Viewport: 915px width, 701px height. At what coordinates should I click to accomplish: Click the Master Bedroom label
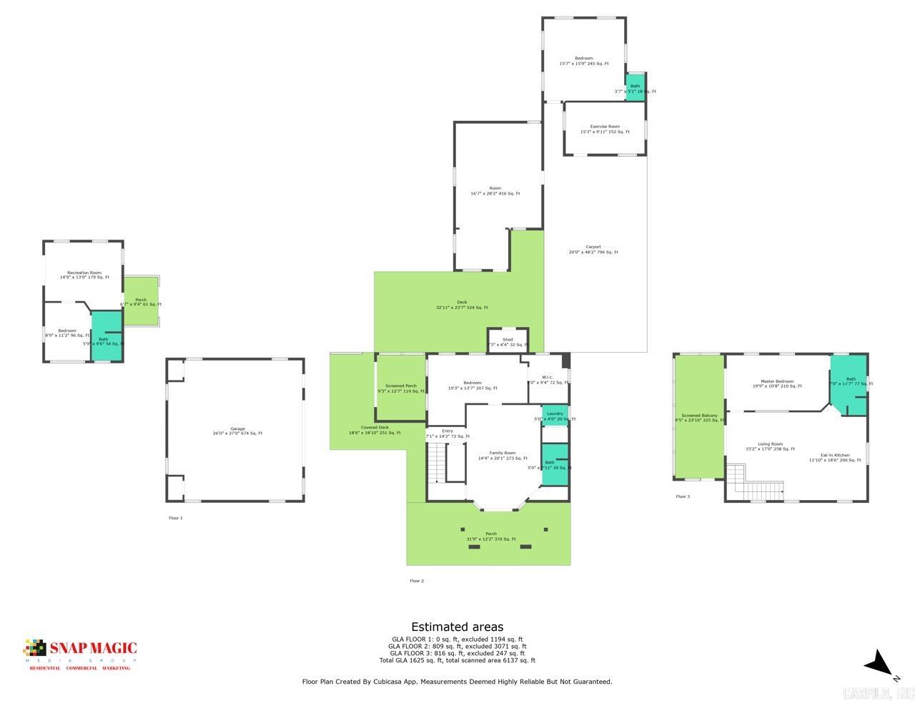pos(777,383)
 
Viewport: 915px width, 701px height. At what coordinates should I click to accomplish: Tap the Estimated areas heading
pos(457,627)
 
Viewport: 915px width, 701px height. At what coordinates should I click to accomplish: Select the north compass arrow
pos(880,663)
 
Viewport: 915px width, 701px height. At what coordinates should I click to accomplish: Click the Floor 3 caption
pos(683,496)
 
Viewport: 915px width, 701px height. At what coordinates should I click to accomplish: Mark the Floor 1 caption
pos(175,518)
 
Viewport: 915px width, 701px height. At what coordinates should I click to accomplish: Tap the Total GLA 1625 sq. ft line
pos(457,660)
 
